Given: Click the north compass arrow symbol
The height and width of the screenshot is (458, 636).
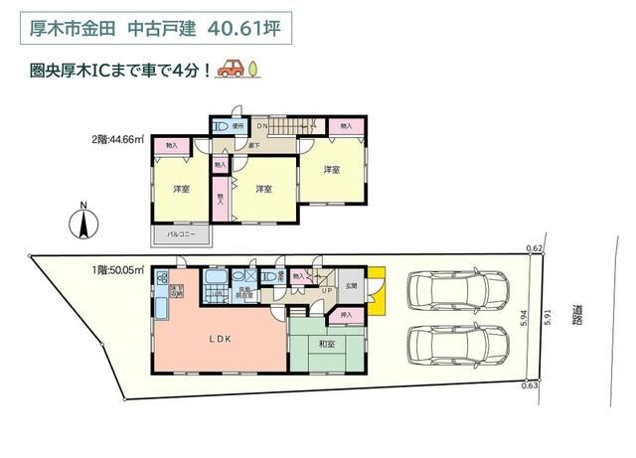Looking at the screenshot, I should (84, 222).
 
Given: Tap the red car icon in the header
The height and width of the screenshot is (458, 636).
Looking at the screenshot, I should (231, 69).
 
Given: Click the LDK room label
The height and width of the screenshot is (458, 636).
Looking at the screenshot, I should (220, 339).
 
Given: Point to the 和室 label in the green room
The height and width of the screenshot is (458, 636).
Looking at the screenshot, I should (325, 344).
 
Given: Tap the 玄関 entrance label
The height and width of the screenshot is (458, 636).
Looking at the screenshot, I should (351, 286).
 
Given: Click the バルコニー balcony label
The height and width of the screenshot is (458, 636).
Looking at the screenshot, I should (180, 235).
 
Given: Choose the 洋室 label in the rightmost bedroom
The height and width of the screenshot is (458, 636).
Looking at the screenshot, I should (332, 169).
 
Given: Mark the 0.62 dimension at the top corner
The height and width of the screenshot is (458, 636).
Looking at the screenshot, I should (535, 248).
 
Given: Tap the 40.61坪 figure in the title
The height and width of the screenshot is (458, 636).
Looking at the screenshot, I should (244, 28).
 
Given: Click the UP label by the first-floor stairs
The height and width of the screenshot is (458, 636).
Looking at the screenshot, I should (326, 290).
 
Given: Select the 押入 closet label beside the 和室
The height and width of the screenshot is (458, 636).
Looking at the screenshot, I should (346, 315).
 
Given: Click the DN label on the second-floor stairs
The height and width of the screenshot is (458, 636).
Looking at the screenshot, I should (263, 126).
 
